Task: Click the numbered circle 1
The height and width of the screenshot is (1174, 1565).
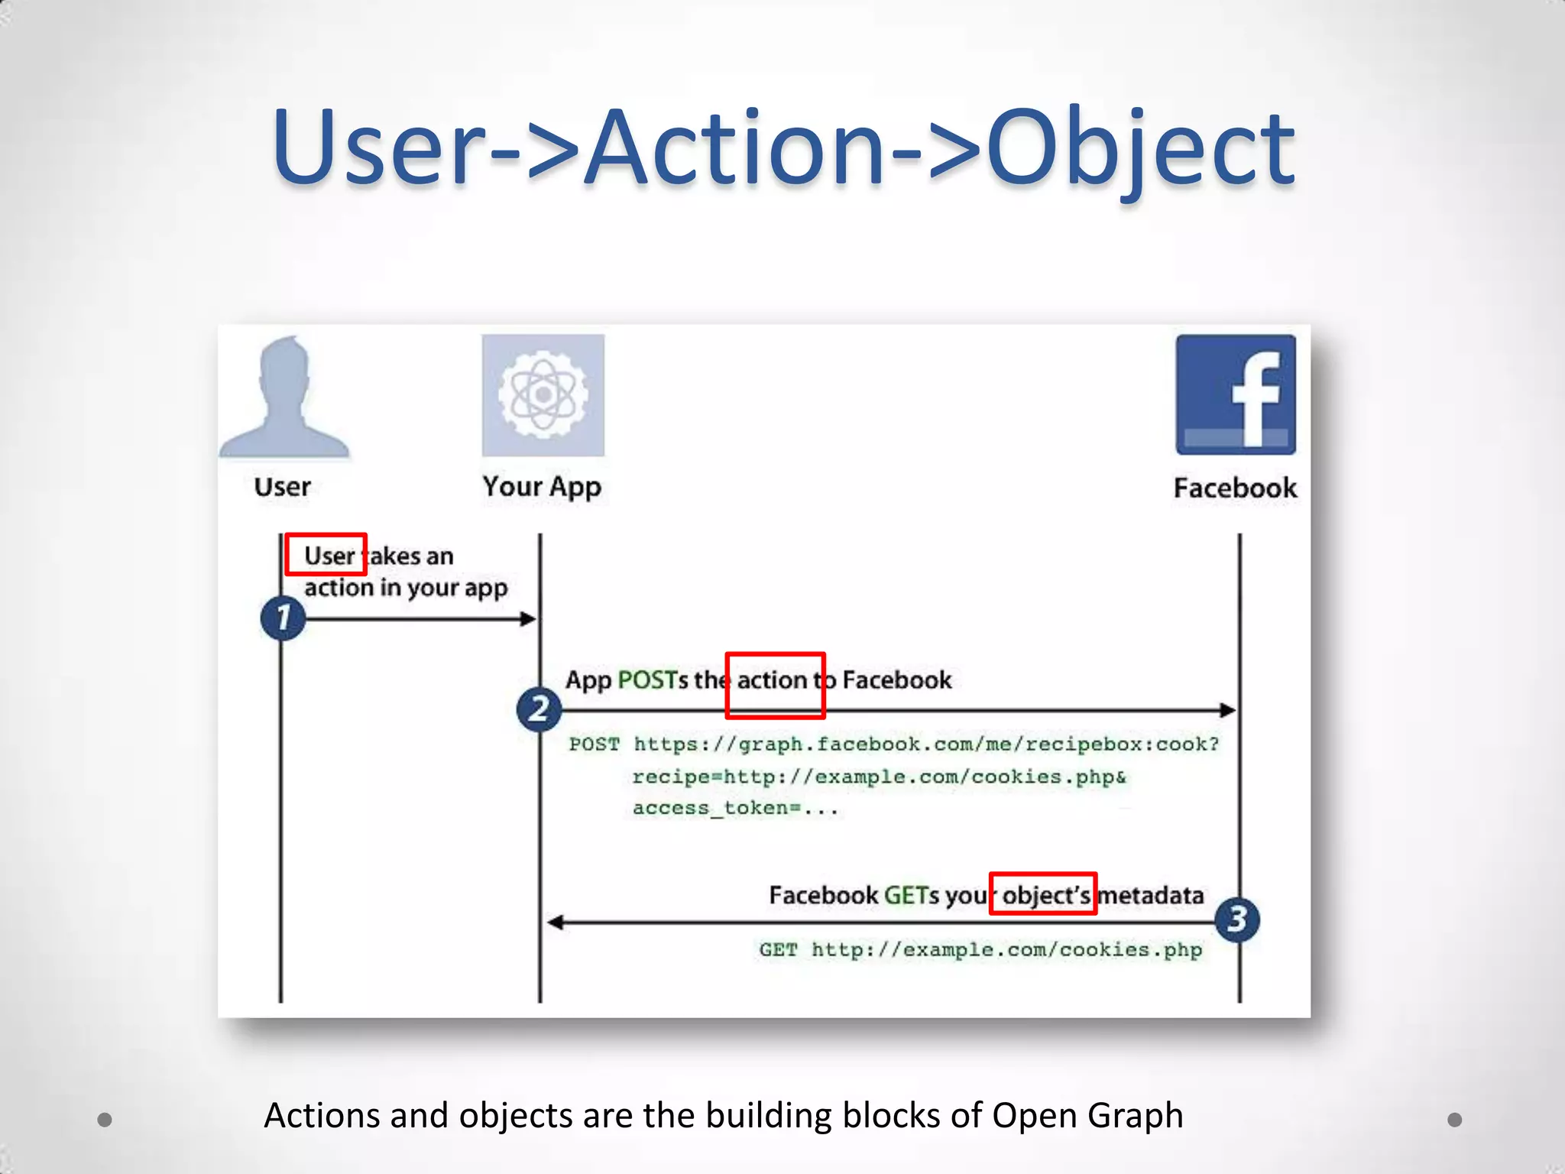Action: (283, 618)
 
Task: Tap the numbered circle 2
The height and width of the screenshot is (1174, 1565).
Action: (539, 709)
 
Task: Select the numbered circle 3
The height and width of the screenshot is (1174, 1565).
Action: (1237, 919)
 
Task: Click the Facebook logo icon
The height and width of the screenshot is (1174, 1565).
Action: (1236, 394)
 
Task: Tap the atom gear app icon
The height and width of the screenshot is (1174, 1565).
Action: (543, 394)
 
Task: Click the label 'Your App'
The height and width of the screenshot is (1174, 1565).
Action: (542, 487)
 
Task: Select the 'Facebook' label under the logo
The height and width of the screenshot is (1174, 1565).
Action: (1235, 488)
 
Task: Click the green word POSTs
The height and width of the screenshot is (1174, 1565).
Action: (652, 679)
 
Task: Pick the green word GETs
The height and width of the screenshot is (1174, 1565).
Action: (911, 895)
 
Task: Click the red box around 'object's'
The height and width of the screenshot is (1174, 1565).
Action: (1043, 893)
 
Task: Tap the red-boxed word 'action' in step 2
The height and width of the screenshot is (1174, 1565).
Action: (773, 680)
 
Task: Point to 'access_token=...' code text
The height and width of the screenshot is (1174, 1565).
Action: (735, 809)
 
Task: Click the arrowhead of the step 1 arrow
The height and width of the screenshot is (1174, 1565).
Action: (528, 618)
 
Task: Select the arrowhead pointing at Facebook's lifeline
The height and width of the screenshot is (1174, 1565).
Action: (1227, 710)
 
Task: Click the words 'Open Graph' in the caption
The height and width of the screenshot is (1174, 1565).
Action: (1087, 1115)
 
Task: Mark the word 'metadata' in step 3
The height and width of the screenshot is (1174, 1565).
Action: (1151, 895)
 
